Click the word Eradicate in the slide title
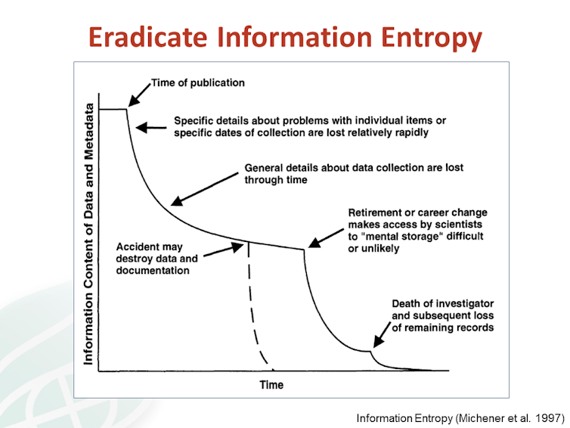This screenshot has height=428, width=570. (x=147, y=37)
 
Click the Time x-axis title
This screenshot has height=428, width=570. (x=271, y=385)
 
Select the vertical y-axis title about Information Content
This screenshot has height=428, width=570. (x=88, y=234)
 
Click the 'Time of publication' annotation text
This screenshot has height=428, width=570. (x=198, y=83)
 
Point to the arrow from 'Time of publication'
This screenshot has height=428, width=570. (x=139, y=95)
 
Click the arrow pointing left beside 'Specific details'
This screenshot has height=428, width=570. (x=151, y=128)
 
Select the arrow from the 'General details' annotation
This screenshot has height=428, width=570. (x=205, y=190)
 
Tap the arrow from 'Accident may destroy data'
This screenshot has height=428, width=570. (x=224, y=250)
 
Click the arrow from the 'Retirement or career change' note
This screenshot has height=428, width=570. (x=326, y=238)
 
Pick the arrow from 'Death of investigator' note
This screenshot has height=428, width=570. (x=382, y=334)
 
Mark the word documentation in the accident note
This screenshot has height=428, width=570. (x=153, y=271)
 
